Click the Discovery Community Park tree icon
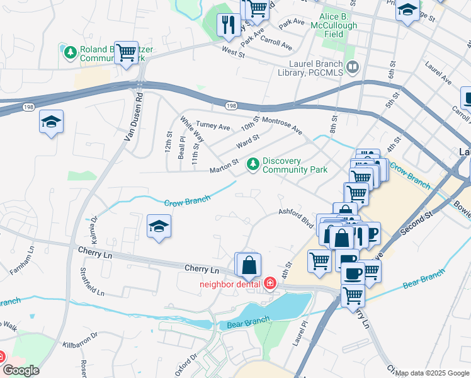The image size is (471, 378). point(253,164)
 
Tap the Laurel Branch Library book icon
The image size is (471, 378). point(352,67)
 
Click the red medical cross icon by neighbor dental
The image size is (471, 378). point(270,283)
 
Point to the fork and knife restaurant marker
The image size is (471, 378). point(227,25)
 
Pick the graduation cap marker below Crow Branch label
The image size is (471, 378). point(159,226)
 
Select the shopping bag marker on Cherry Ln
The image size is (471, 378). point(249,265)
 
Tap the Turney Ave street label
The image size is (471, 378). point(213,126)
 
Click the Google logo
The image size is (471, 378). point(20,370)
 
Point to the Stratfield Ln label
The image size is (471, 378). point(92,282)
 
